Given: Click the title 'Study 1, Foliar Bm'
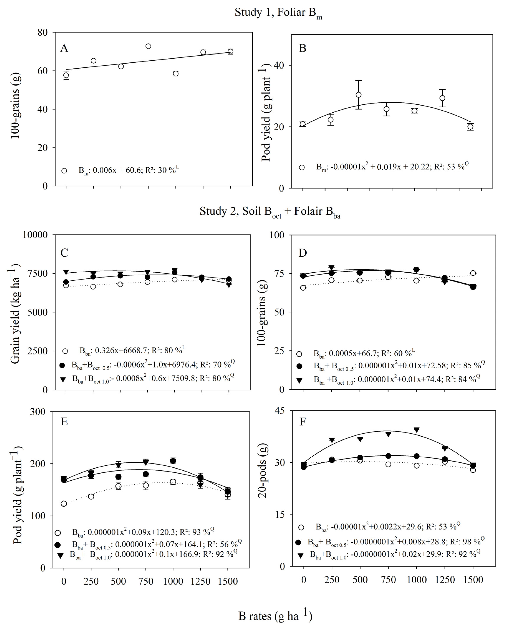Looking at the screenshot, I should tap(278, 13).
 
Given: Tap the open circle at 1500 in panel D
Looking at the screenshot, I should tap(473, 273).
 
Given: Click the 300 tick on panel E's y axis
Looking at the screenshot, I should tap(38, 412).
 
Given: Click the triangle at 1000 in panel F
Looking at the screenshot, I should tap(416, 430).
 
